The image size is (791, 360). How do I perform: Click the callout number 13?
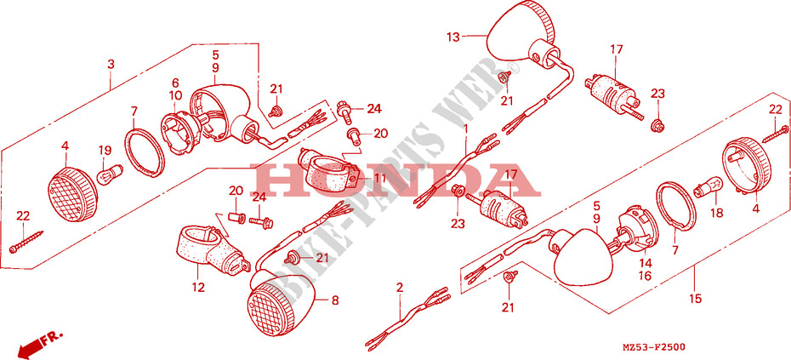coord(453,37)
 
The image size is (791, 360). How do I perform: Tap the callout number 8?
coord(335,301)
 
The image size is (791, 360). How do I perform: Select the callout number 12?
coord(198,288)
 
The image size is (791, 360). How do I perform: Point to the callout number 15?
coord(695,299)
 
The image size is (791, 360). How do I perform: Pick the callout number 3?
coord(111,64)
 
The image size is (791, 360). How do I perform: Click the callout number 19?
coord(105,150)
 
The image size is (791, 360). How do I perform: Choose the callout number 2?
coord(400,288)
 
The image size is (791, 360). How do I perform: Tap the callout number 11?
coord(379,178)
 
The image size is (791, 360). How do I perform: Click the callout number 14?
coord(646,263)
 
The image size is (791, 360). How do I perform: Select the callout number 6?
coord(175,83)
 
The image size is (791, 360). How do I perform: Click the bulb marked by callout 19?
coord(109,173)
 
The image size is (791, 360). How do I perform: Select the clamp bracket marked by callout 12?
coord(212,251)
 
